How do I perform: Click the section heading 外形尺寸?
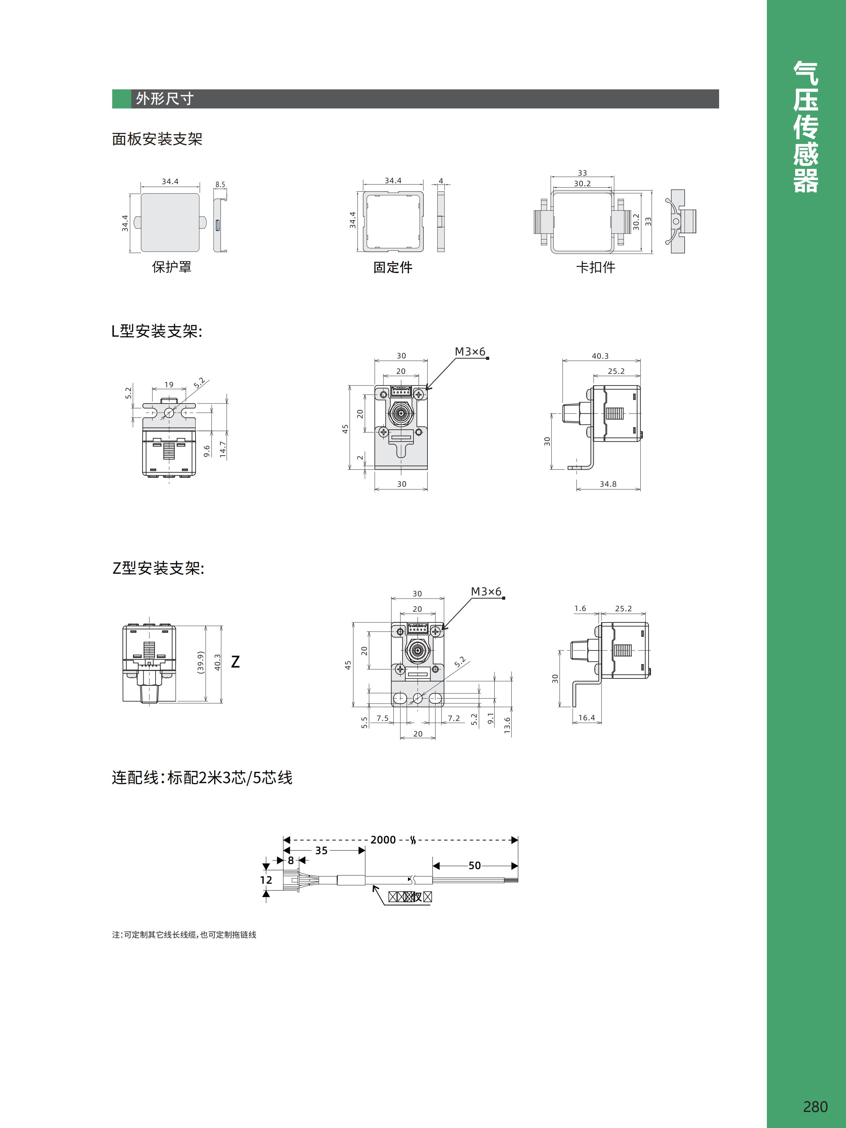point(164,99)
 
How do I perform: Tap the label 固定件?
point(392,267)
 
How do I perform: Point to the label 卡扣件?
point(595,267)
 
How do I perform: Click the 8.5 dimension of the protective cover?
point(220,185)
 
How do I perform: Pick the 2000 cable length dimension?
point(383,839)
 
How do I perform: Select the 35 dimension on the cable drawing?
point(321,850)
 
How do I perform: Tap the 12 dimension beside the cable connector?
point(266,880)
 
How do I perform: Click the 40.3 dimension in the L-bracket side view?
point(600,356)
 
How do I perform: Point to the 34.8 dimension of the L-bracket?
point(608,484)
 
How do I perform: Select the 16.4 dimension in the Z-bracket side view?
point(586,718)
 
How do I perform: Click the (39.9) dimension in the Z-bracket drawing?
point(201,662)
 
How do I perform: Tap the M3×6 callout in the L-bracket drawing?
point(470,351)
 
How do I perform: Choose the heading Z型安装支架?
point(158,568)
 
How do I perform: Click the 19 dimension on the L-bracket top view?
point(169,384)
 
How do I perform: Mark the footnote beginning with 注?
point(184,934)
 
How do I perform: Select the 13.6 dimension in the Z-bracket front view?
point(507,724)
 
